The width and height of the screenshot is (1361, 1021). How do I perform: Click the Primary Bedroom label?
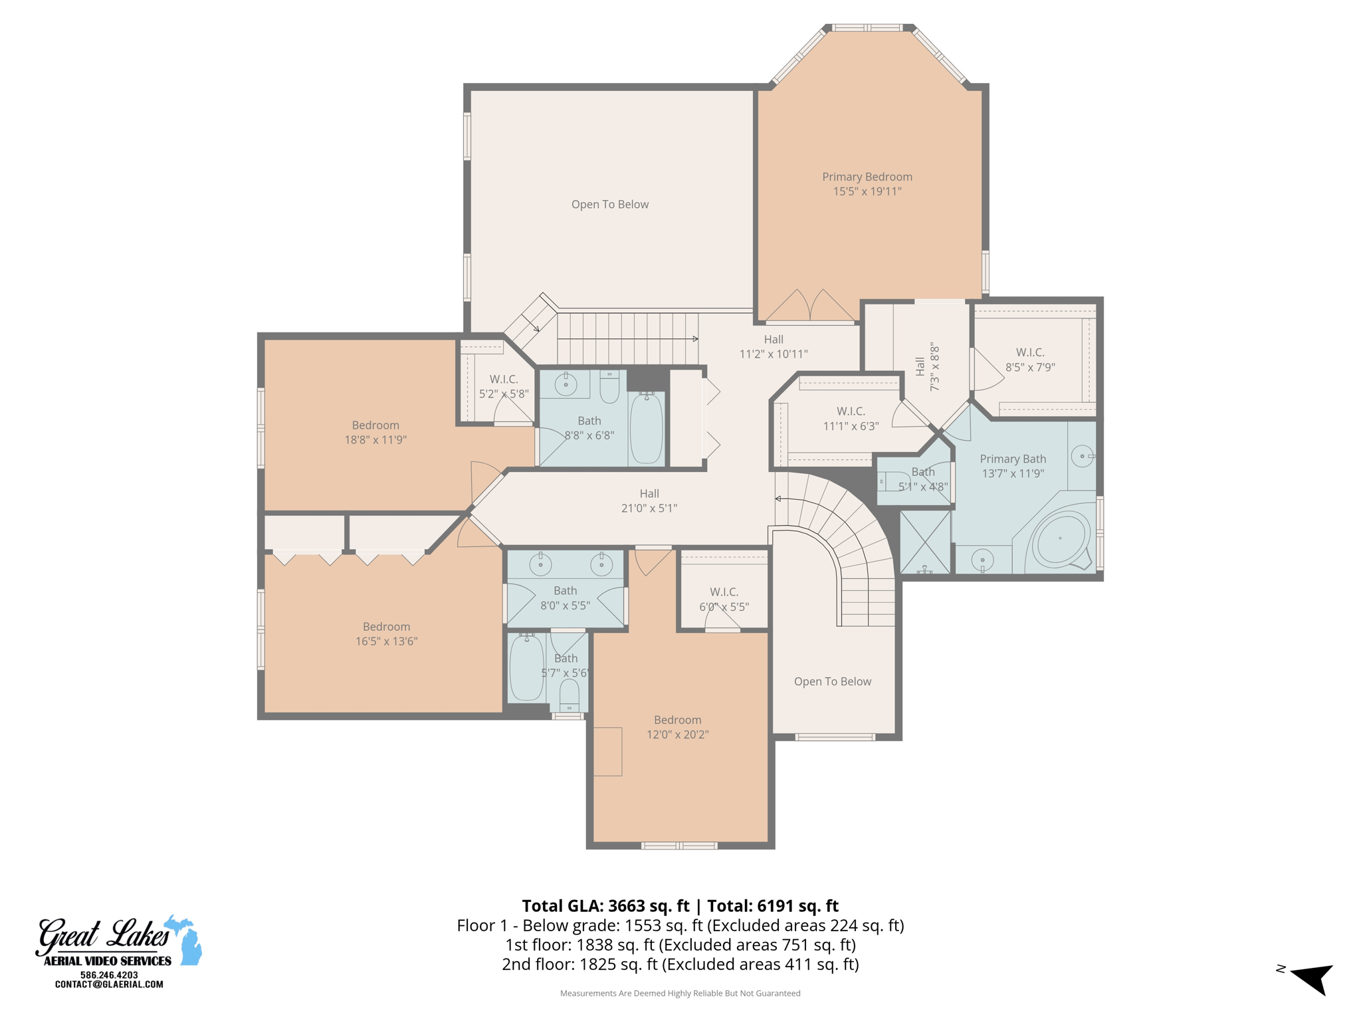tap(867, 177)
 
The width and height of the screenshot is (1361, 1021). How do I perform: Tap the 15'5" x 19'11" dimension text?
tap(867, 191)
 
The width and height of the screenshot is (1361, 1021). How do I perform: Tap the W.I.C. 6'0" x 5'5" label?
tap(724, 599)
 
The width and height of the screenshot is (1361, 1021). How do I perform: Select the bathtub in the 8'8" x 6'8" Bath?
tap(646, 428)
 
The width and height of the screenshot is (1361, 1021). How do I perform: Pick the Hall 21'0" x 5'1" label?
tap(649, 501)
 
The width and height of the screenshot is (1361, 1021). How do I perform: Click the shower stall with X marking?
tap(924, 541)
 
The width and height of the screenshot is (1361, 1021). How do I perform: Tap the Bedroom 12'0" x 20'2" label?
tap(677, 727)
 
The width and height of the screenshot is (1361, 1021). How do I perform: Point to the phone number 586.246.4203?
tap(109, 974)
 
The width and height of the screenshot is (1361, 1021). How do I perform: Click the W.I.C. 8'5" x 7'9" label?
tap(1029, 360)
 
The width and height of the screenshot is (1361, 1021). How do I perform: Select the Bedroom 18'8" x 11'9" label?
tap(375, 432)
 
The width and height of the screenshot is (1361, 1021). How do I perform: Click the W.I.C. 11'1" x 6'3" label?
tap(851, 419)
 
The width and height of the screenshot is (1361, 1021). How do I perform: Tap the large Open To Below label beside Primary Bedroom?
tap(609, 205)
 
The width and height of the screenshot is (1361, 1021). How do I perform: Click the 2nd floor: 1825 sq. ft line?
tap(680, 964)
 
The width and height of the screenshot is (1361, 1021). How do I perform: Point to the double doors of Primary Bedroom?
tap(810, 306)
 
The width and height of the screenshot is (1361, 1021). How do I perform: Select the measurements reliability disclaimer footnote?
tap(680, 993)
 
